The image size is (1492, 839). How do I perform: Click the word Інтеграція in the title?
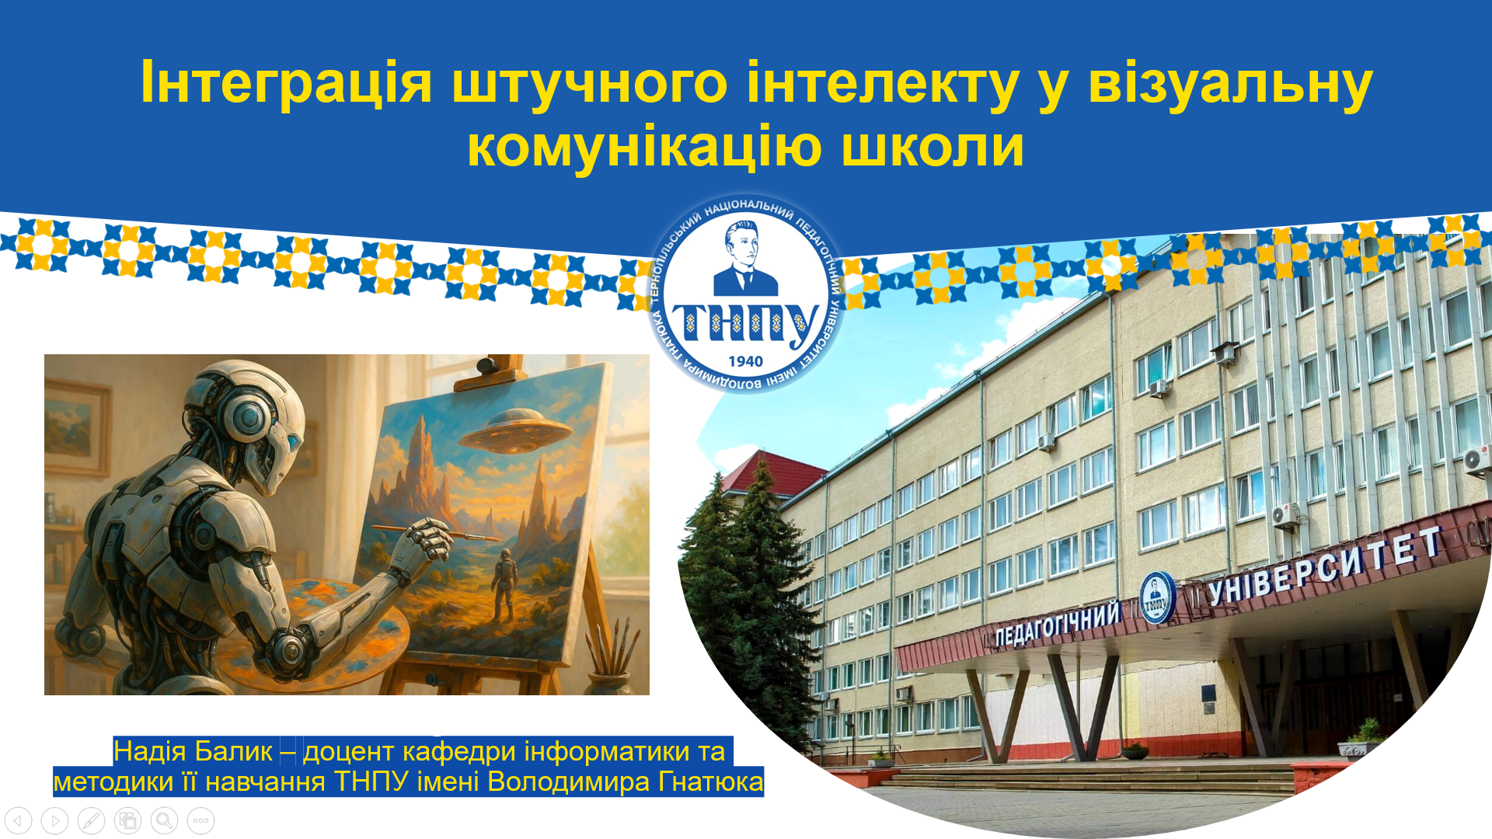[285, 82]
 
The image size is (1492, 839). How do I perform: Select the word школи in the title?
[933, 146]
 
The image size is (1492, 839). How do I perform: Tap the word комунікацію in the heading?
[644, 146]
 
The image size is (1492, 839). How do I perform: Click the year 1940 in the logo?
[745, 361]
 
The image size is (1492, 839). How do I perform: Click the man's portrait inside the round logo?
[744, 259]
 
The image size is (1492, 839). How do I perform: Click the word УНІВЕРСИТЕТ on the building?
[1325, 566]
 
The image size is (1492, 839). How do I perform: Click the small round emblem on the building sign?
[1156, 598]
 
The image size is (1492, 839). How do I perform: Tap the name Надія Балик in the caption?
[193, 751]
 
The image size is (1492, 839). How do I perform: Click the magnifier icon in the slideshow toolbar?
[164, 820]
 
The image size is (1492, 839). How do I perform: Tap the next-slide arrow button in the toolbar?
[54, 820]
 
